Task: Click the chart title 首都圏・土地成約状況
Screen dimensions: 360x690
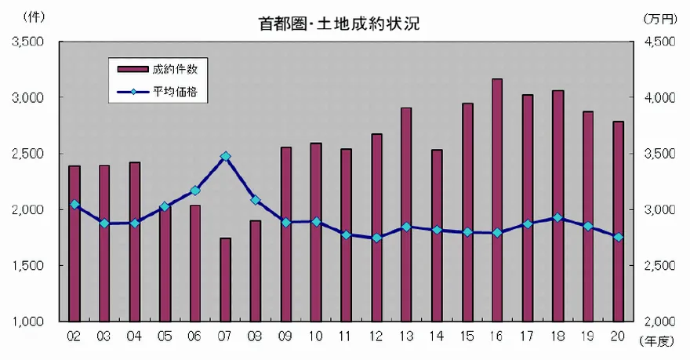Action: pos(340,24)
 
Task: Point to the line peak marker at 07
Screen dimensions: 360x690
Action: pos(225,156)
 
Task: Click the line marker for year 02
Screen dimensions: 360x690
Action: pos(74,205)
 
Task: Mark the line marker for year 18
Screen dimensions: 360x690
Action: pos(558,217)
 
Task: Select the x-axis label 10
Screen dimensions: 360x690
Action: pos(316,337)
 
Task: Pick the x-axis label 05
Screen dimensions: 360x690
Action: pos(165,337)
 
